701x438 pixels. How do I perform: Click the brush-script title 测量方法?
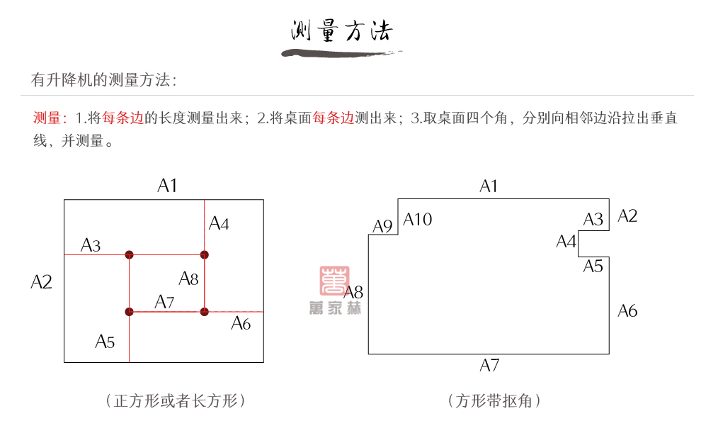[x=342, y=31]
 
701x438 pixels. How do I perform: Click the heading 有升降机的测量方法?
[x=103, y=80]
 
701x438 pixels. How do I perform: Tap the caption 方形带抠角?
[x=495, y=401]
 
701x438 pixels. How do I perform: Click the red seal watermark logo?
[x=334, y=281]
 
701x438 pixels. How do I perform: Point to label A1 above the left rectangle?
[x=167, y=186]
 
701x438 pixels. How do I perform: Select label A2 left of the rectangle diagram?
[x=42, y=281]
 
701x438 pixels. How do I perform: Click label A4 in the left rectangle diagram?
[x=219, y=224]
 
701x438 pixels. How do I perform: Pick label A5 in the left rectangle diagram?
[x=105, y=342]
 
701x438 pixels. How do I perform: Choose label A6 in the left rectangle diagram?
[x=241, y=324]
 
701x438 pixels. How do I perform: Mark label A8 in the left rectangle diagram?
[x=188, y=279]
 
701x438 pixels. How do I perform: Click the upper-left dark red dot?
[x=129, y=254]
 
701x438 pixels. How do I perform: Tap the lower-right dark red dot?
[x=204, y=311]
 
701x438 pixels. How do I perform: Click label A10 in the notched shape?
[x=418, y=220]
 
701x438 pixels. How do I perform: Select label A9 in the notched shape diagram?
[x=382, y=227]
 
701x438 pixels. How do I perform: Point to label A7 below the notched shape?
[x=489, y=366]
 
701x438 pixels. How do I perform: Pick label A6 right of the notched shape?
[x=627, y=310]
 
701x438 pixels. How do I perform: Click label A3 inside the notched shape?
[x=593, y=220]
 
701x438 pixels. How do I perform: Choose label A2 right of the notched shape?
[x=627, y=216]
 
